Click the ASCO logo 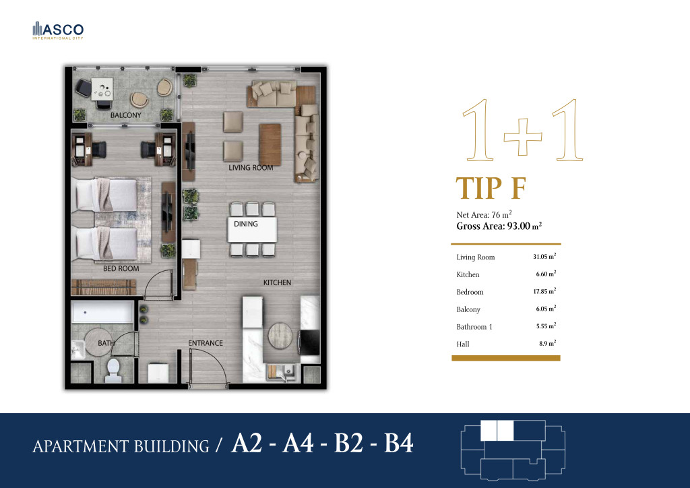tap(58, 30)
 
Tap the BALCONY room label tap(126, 115)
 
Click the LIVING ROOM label tap(251, 168)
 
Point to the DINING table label tap(246, 224)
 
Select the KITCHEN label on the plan tap(277, 282)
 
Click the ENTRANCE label tap(206, 343)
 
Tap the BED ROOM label tap(121, 268)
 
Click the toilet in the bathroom tap(113, 371)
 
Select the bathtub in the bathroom tap(102, 313)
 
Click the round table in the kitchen tap(280, 336)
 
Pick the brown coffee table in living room tap(270, 144)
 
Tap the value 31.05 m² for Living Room tap(544, 256)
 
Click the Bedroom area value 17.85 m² tap(544, 291)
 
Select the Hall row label tap(463, 344)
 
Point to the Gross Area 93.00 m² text tap(499, 226)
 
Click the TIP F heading tap(491, 188)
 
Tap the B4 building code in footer tap(399, 443)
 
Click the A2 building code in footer tap(247, 443)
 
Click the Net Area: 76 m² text tap(484, 215)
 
